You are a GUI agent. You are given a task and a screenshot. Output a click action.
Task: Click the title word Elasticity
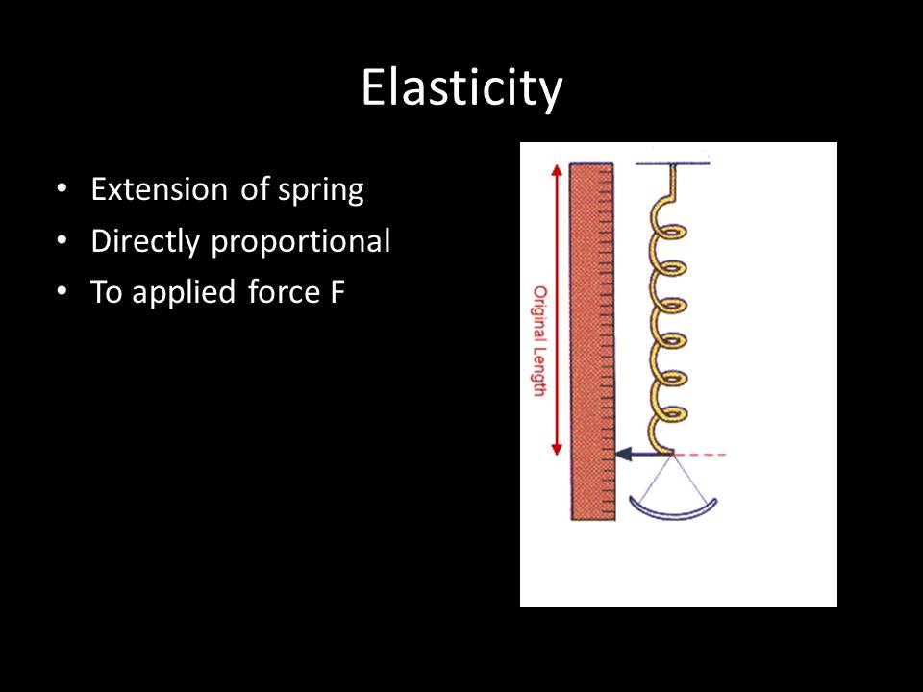tap(461, 88)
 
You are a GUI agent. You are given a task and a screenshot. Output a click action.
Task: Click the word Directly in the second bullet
tap(146, 241)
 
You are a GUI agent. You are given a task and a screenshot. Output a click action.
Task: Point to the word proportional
tap(301, 242)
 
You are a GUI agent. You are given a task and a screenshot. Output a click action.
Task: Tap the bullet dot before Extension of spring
tap(62, 189)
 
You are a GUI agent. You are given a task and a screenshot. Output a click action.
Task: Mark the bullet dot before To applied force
tap(62, 292)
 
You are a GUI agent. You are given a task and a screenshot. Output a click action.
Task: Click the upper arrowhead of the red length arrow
tap(555, 169)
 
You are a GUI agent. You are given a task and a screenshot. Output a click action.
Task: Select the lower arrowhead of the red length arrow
tap(555, 450)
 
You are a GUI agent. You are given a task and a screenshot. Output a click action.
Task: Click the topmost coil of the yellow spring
tap(669, 235)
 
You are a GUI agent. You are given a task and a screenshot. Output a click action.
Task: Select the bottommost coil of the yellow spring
tap(669, 412)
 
